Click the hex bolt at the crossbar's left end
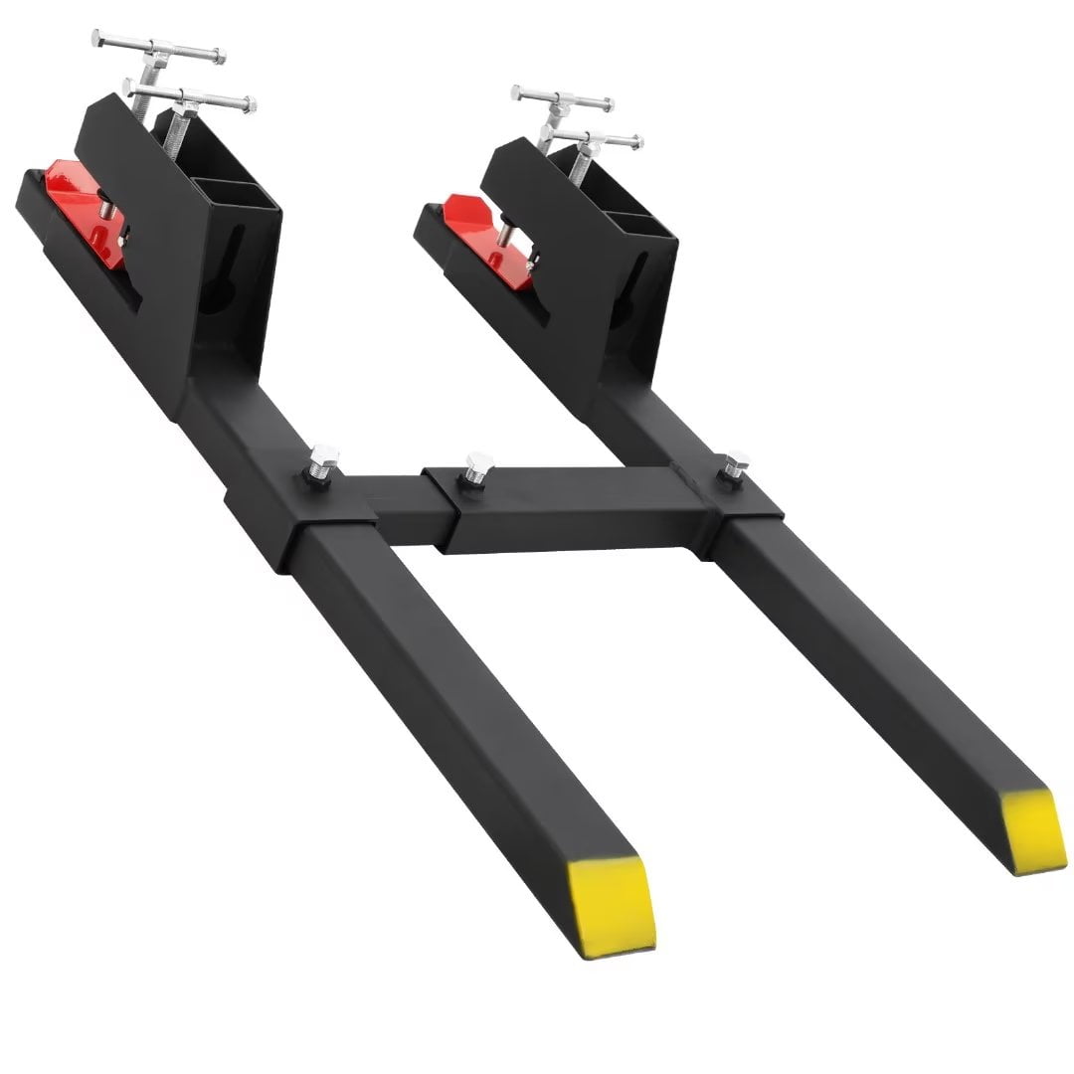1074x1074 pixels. (323, 465)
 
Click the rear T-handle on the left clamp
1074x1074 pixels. (158, 46)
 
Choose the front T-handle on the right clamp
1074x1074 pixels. (596, 136)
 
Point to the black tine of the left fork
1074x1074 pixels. (447, 696)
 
